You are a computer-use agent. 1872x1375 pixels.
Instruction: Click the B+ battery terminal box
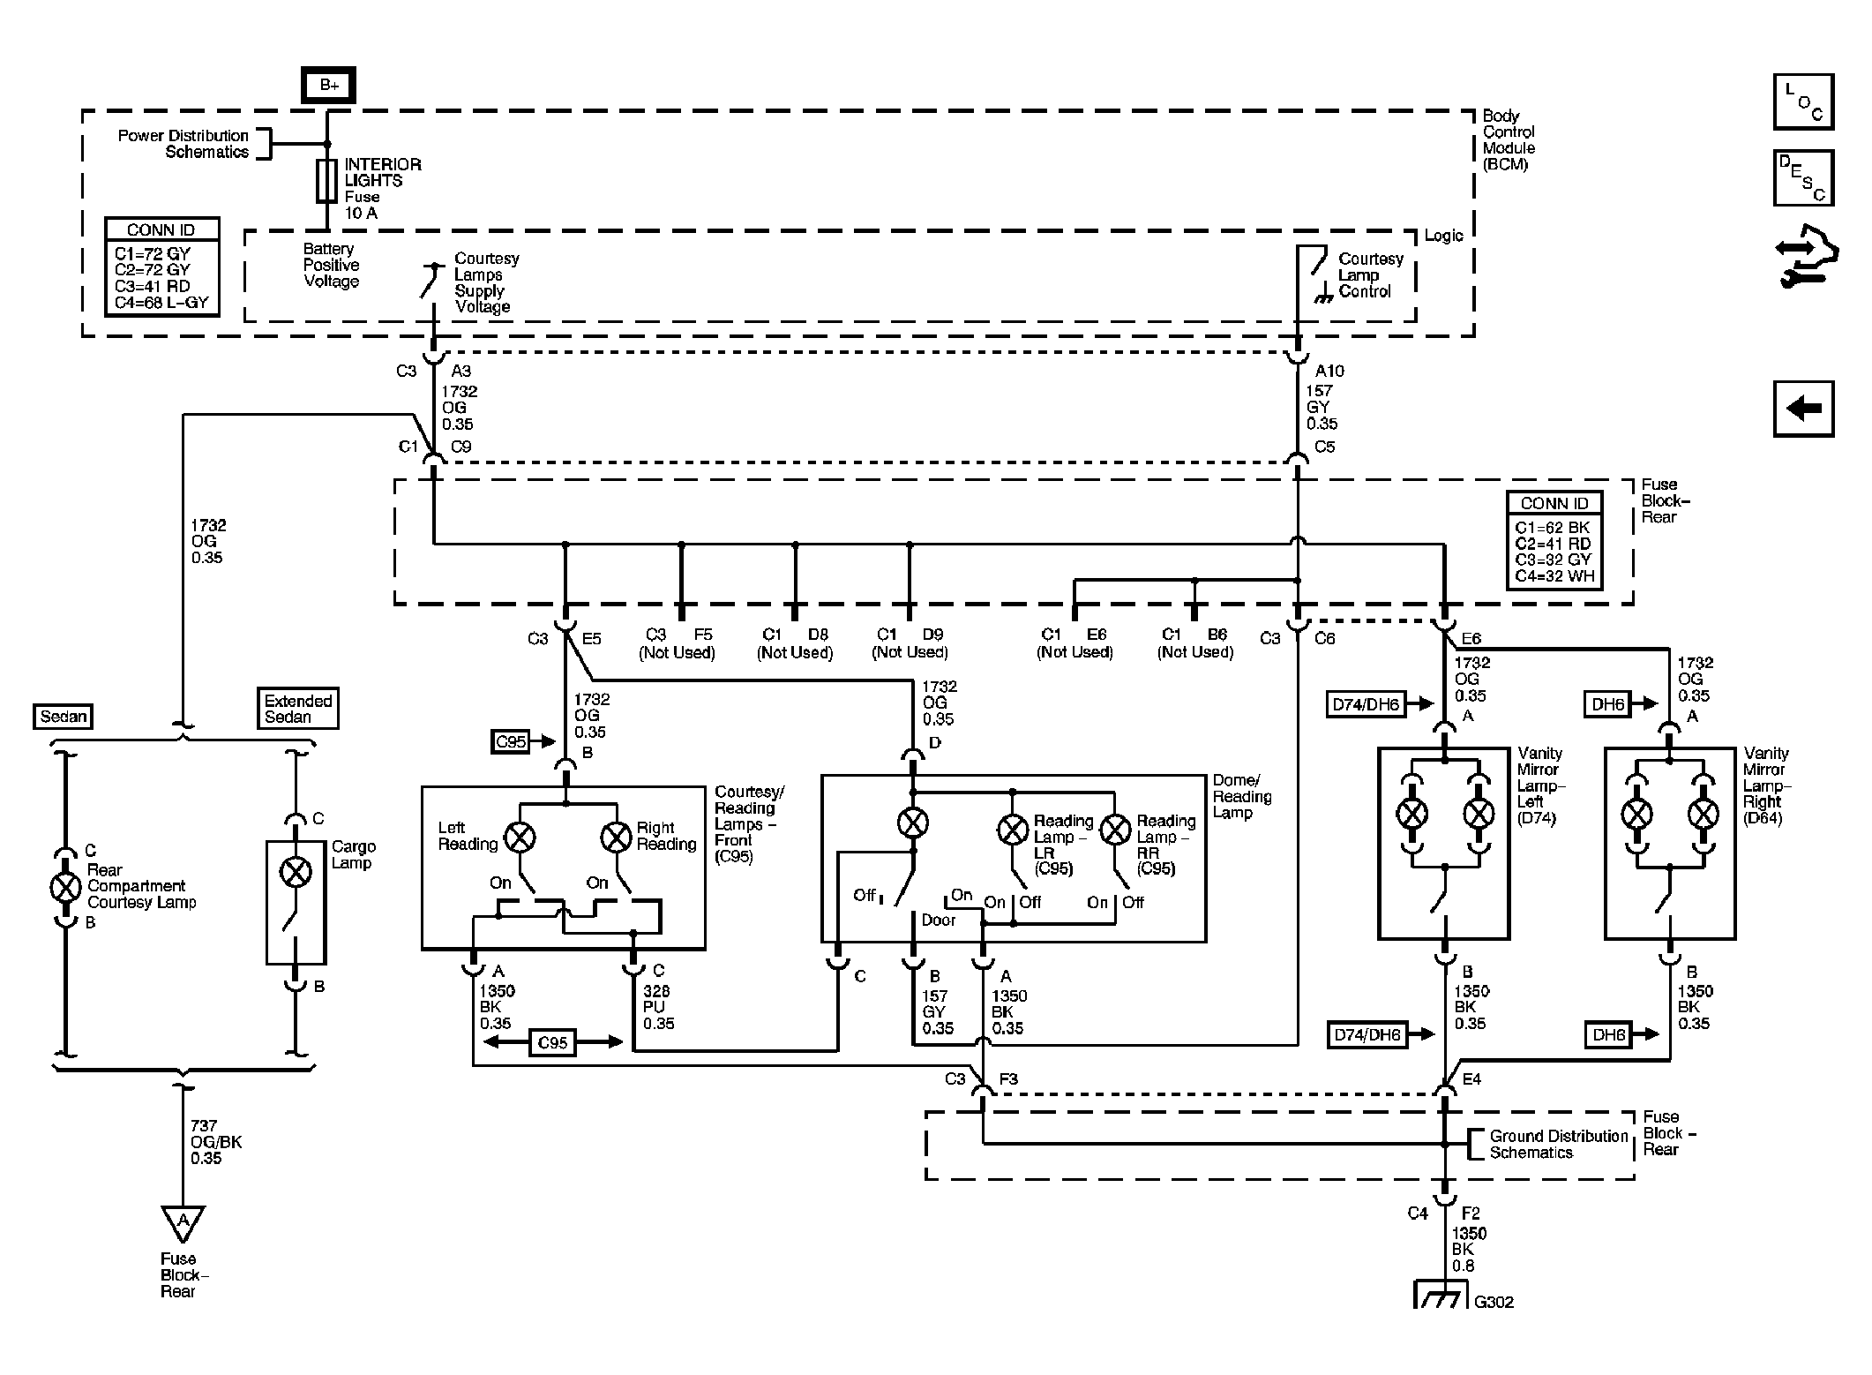329,85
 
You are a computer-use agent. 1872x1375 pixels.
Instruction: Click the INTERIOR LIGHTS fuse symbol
326,181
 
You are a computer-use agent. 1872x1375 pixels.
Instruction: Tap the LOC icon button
1803,102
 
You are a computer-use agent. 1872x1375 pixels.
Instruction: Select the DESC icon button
1803,177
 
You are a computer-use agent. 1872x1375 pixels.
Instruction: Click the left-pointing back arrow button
1803,409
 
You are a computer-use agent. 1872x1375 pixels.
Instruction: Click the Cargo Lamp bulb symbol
296,873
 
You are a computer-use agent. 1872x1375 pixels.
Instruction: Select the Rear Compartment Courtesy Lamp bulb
65,886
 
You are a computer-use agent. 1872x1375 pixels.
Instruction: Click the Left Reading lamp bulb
520,836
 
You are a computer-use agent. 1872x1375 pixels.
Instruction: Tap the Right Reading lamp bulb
616,836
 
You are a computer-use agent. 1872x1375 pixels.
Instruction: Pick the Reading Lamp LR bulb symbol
1013,829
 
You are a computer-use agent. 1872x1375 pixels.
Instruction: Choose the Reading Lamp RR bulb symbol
1116,829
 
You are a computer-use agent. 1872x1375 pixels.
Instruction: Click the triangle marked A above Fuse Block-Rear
183,1222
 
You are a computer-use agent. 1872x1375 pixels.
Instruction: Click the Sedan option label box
64,716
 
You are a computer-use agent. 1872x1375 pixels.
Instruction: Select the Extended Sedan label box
298,709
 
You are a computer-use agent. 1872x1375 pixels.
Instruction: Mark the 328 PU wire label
659,1007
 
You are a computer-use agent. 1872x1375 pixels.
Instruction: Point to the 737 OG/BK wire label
215,1142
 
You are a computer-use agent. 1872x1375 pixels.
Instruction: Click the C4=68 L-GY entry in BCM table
161,302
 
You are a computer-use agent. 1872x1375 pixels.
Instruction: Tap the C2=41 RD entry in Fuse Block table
1554,544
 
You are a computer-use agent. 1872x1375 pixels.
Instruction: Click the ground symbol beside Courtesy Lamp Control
1322,297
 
